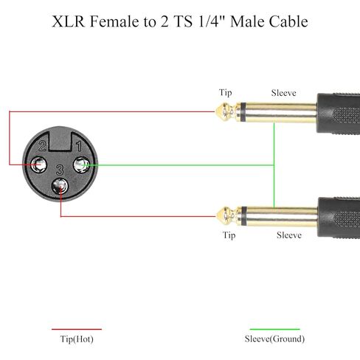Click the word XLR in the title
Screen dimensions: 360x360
pos(69,21)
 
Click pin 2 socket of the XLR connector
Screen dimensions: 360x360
pos(39,165)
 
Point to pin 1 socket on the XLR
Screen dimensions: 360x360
pos(82,165)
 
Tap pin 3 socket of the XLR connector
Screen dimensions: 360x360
pos(60,186)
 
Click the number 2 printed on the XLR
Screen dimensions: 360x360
pos(42,146)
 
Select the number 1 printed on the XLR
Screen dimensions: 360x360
pos(79,146)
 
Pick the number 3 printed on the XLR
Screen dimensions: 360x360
pos(60,170)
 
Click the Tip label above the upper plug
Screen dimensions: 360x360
pos(226,93)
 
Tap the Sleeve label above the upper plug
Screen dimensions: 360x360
pos(283,93)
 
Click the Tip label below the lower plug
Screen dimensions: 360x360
pos(229,235)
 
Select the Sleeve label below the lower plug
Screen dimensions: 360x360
pos(289,235)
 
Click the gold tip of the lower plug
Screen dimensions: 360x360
pos(226,216)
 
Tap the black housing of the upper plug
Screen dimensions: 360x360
pos(339,114)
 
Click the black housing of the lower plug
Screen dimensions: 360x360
pos(339,218)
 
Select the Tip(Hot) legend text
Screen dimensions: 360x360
pos(77,339)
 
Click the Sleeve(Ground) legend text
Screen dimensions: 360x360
pos(274,339)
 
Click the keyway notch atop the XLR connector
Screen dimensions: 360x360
pos(60,142)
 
